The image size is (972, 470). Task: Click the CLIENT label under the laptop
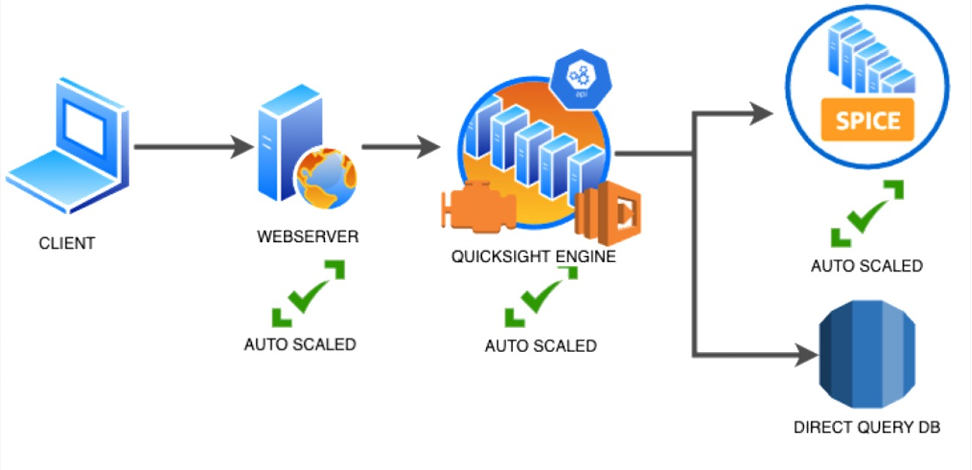click(x=67, y=243)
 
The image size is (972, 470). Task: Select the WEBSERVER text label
click(x=308, y=237)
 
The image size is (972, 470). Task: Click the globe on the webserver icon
click(x=326, y=179)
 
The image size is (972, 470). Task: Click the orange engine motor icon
click(x=479, y=207)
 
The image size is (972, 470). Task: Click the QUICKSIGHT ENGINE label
click(x=533, y=257)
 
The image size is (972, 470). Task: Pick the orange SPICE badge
click(x=867, y=120)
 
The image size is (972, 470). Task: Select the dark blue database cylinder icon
click(x=867, y=354)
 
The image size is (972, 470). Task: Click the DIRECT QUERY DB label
click(x=867, y=427)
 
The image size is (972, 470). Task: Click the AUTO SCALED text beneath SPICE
click(x=867, y=266)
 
